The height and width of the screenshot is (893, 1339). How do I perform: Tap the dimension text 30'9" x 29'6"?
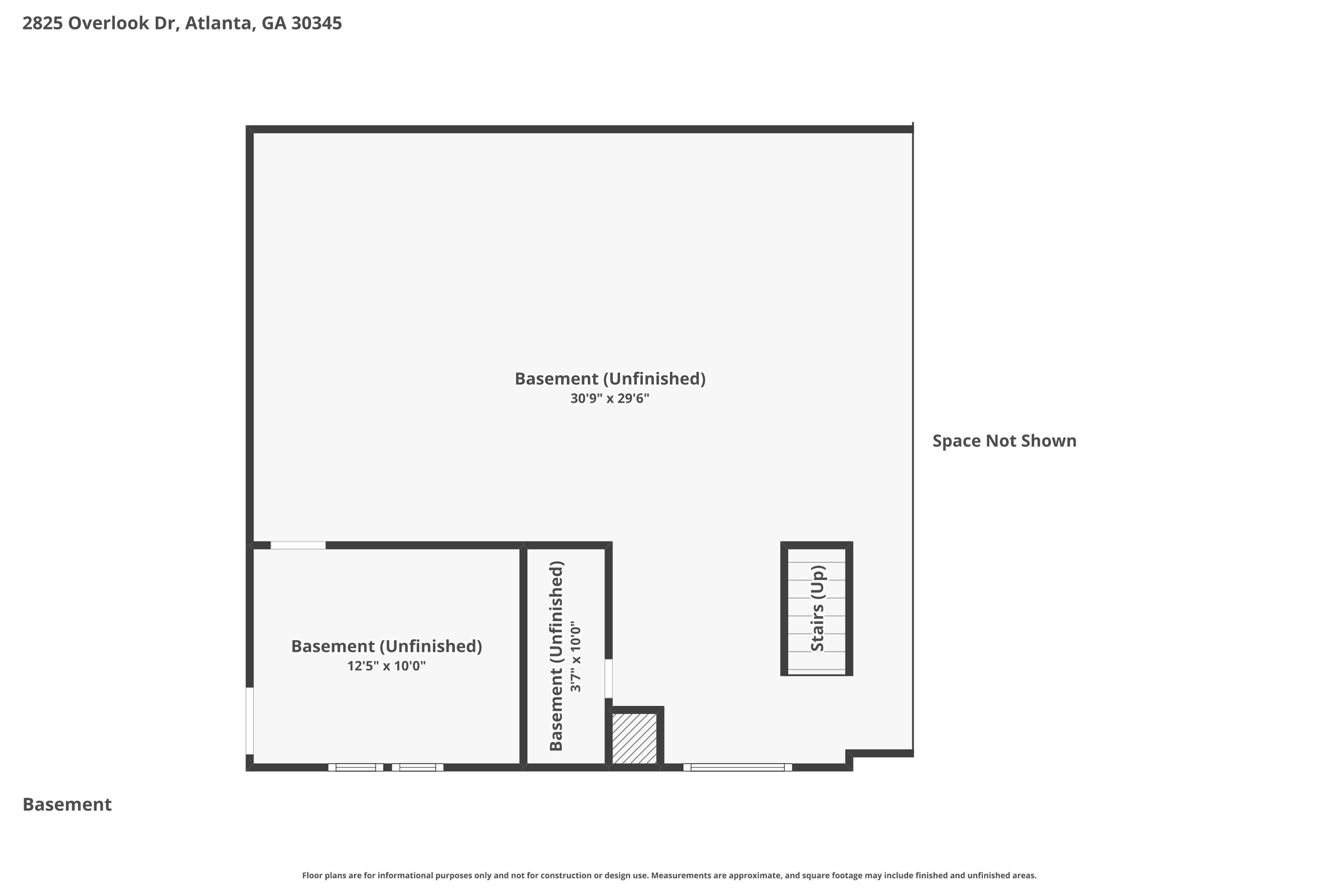point(610,398)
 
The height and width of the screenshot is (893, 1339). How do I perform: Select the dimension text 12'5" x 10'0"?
point(387,666)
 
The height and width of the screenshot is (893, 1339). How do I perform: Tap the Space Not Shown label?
point(1004,441)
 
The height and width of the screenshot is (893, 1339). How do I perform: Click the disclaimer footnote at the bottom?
point(669,876)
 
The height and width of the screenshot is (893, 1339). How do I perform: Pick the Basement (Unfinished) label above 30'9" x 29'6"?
point(610,379)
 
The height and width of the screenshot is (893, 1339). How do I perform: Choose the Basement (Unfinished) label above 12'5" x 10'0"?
point(387,646)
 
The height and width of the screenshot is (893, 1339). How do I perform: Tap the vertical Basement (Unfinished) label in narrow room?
point(556,656)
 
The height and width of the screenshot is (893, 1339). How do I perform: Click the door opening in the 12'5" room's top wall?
point(298,545)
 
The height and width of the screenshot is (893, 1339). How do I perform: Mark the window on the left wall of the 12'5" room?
point(250,720)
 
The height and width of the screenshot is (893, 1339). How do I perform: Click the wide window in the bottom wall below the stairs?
point(737,767)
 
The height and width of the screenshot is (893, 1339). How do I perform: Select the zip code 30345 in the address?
point(316,24)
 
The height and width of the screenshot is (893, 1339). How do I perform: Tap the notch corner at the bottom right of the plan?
point(849,753)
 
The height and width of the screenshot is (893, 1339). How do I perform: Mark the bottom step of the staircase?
point(816,670)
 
